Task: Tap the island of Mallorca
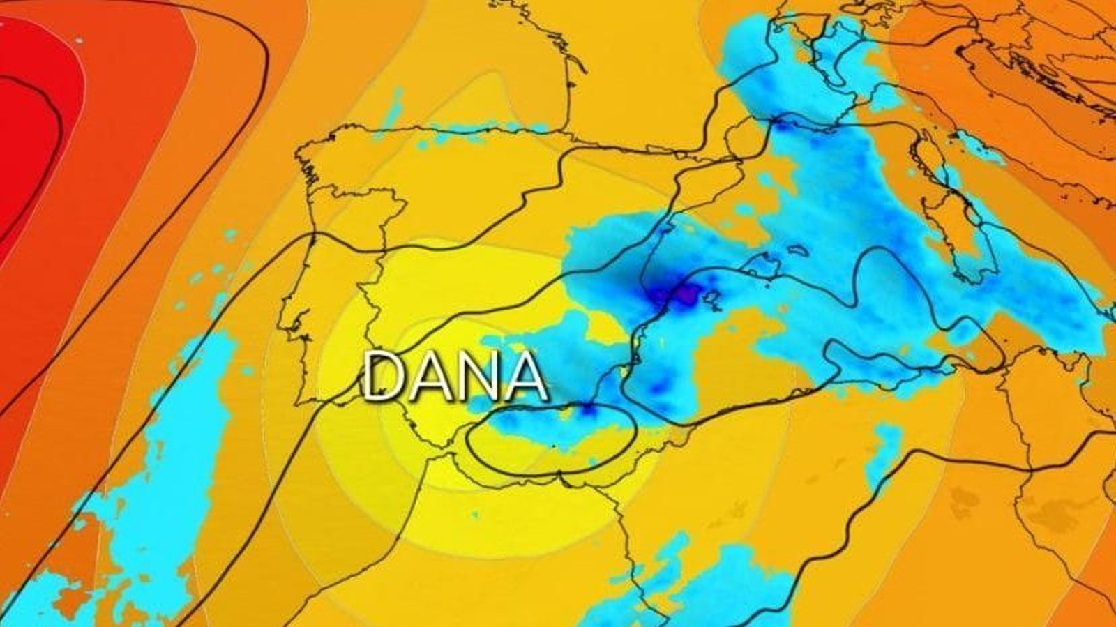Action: [x=756, y=265]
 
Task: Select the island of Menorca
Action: [x=799, y=250]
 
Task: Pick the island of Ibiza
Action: [x=713, y=299]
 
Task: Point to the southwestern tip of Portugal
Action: [x=305, y=402]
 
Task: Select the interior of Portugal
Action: [x=328, y=293]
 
